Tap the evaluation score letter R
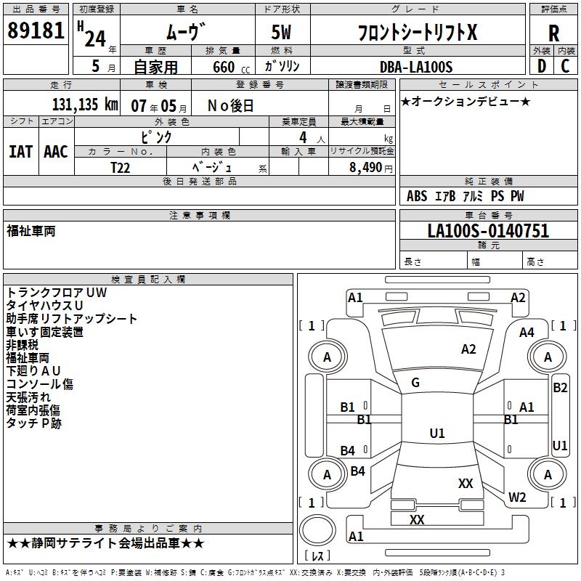553,33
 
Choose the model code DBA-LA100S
415,67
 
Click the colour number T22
121,166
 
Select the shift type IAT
20,152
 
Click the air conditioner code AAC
56,152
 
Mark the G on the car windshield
415,383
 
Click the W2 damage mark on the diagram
517,497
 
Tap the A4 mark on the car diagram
527,333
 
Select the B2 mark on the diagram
560,388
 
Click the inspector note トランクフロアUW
56,293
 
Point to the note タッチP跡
34,423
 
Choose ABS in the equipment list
417,197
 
